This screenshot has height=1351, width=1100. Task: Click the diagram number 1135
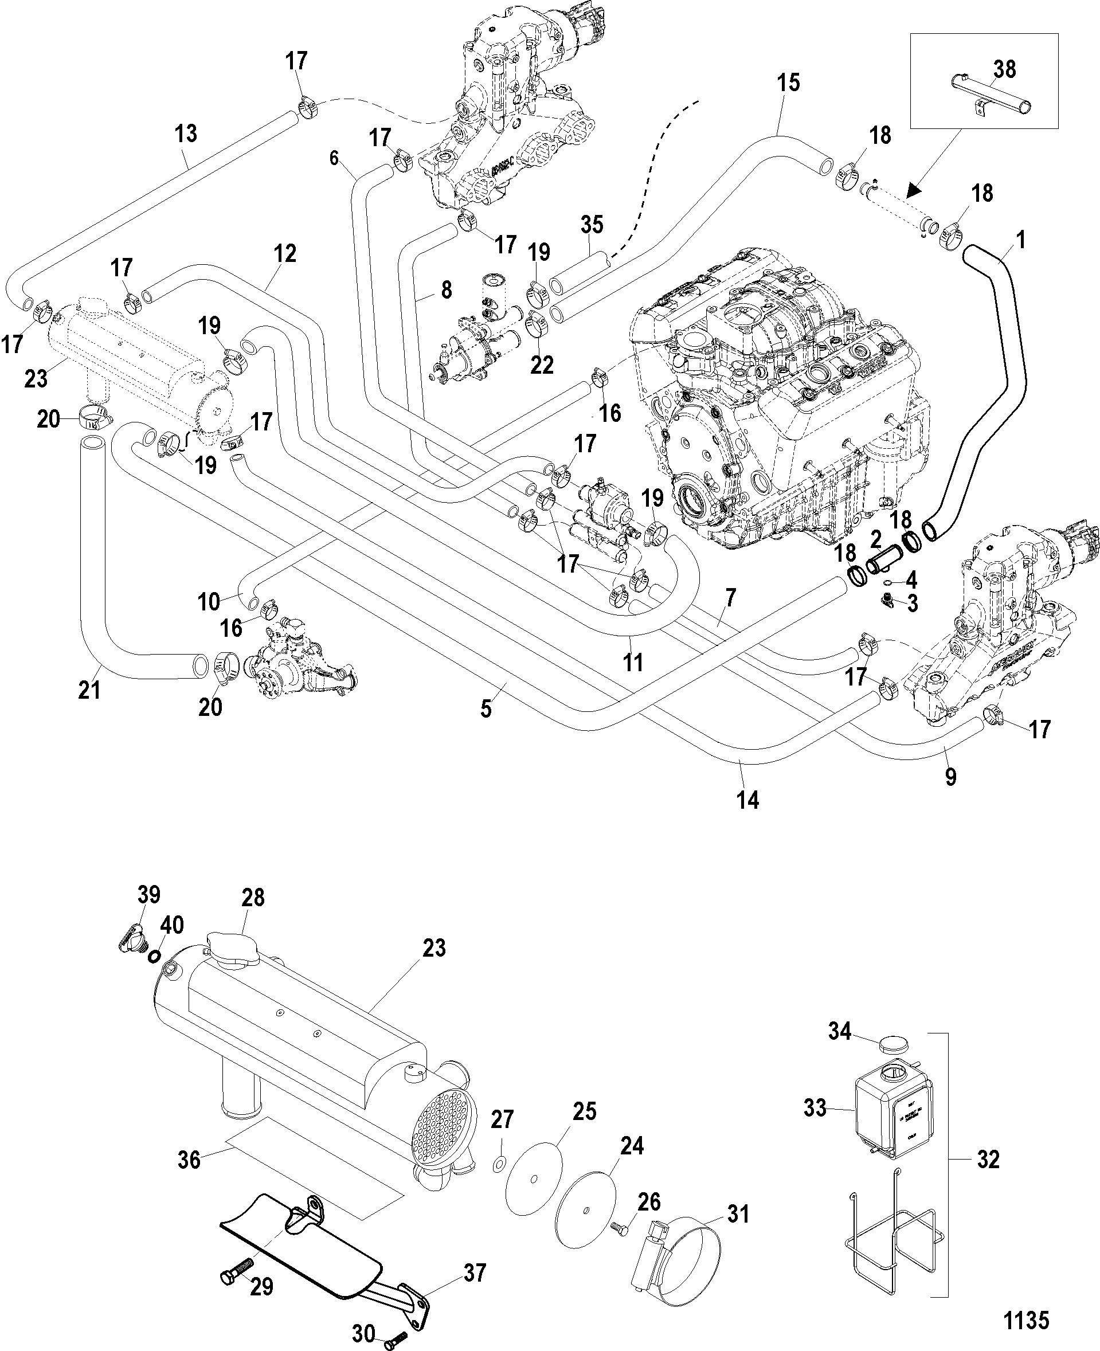1027,1320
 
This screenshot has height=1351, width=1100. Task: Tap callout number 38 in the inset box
1005,69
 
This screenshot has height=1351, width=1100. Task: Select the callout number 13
186,134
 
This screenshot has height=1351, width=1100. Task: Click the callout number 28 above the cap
253,897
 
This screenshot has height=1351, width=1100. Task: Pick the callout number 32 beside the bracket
988,1160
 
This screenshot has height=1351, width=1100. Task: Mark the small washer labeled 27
500,1164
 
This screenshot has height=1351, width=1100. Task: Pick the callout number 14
747,800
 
